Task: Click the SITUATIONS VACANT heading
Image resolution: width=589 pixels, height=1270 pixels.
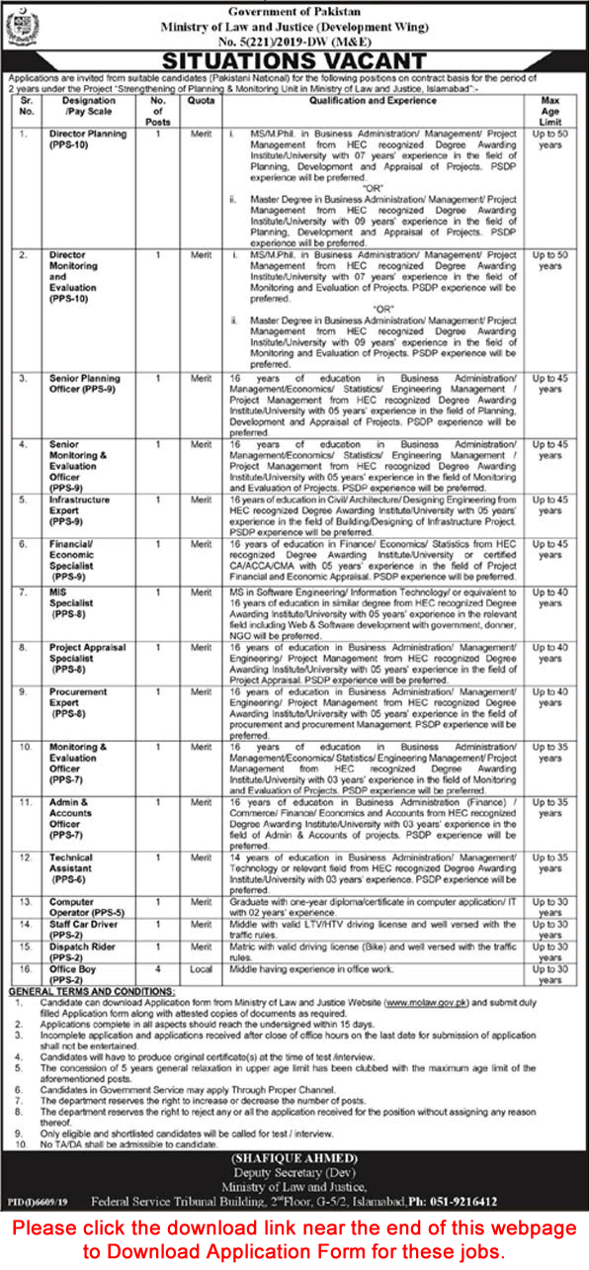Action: (x=294, y=61)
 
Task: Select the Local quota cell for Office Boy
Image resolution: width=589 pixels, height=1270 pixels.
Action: (x=202, y=969)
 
